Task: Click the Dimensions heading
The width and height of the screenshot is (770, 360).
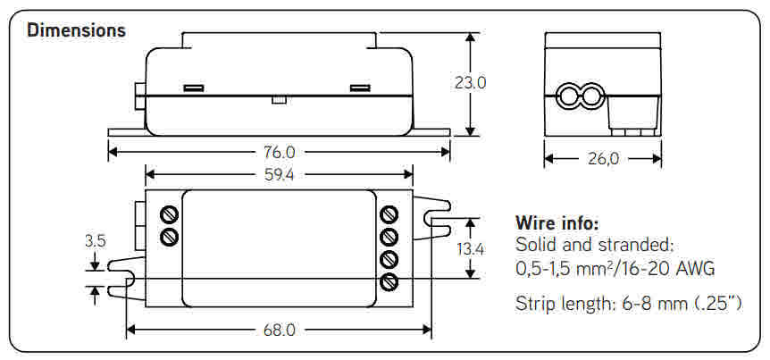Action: (x=76, y=29)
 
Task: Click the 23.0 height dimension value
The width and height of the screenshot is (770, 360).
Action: (x=470, y=83)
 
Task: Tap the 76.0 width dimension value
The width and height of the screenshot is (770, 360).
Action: (x=278, y=152)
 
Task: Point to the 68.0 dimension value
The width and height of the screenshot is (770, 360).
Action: (x=278, y=330)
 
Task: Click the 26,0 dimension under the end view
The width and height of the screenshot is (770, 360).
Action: (x=603, y=159)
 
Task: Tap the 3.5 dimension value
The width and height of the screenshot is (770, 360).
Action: (x=96, y=240)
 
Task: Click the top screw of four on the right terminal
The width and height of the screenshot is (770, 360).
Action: (x=389, y=214)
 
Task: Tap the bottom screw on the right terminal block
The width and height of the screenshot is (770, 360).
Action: (x=389, y=282)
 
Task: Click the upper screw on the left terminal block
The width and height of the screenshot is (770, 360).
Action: (x=169, y=214)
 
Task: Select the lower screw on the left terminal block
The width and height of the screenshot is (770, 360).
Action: (x=169, y=237)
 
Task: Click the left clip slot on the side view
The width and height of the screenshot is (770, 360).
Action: (x=194, y=88)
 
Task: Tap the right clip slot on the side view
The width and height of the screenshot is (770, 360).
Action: (x=360, y=88)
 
